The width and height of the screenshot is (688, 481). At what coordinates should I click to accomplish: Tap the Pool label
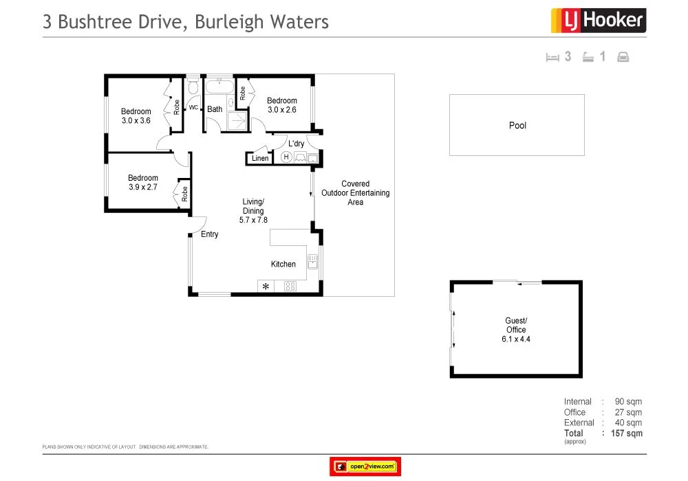517,126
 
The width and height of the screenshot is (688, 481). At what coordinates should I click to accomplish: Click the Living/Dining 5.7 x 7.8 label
253,211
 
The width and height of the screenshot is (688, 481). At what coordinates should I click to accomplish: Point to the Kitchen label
283,264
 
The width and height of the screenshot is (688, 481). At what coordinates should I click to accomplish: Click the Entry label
209,234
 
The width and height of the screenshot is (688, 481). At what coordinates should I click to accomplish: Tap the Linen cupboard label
260,159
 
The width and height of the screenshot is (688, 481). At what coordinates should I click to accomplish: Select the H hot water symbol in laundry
286,157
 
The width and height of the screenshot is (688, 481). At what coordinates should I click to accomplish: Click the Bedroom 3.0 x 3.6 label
136,116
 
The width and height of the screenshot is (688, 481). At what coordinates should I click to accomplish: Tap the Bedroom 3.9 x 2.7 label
142,182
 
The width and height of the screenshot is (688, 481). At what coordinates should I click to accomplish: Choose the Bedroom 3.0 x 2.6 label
281,105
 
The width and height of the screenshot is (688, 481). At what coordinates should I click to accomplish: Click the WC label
193,108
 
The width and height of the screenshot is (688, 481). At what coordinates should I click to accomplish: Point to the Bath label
215,109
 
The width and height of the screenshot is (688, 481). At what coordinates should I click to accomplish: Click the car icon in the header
623,57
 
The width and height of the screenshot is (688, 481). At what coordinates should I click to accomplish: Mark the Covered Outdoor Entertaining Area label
355,193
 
